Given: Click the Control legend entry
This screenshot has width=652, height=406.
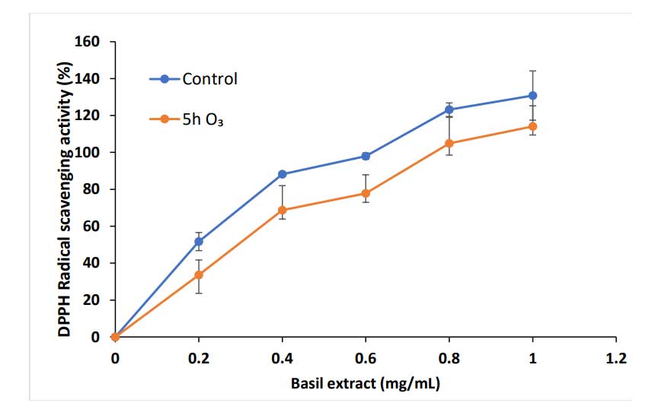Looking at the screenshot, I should click(193, 78).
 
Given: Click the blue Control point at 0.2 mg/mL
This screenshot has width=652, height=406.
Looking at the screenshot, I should click(199, 242).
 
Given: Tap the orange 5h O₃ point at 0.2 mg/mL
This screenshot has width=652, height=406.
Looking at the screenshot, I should click(199, 275).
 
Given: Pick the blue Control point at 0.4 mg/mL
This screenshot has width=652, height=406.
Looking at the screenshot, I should click(283, 174).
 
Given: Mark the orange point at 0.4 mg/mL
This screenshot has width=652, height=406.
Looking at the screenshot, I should click(283, 210).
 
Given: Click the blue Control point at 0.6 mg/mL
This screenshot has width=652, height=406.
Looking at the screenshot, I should click(366, 156).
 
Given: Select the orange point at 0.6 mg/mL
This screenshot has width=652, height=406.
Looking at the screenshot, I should click(366, 193).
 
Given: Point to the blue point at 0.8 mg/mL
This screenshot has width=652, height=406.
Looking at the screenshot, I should click(449, 109).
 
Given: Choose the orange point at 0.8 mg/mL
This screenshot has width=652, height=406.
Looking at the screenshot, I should click(449, 143).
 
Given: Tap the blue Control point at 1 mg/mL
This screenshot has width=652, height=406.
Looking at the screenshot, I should click(532, 95).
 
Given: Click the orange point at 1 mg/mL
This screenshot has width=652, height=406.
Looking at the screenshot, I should click(532, 126).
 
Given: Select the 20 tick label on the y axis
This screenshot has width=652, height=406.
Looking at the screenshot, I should click(93, 300).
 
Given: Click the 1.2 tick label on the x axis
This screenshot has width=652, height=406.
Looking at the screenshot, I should click(616, 357).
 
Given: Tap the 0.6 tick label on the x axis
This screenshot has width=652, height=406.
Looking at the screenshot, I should click(366, 357).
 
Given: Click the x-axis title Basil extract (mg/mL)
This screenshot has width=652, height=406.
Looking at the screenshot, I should click(366, 383).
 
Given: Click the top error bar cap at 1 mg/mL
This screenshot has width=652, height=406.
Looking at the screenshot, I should click(532, 71).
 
